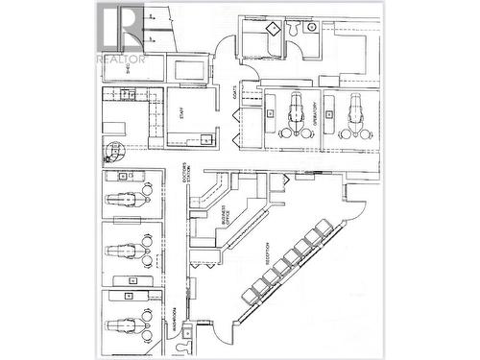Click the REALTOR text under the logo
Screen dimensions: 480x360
pyautogui.click(x=121, y=60)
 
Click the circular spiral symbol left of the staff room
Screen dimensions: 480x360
pyautogui.click(x=115, y=152)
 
